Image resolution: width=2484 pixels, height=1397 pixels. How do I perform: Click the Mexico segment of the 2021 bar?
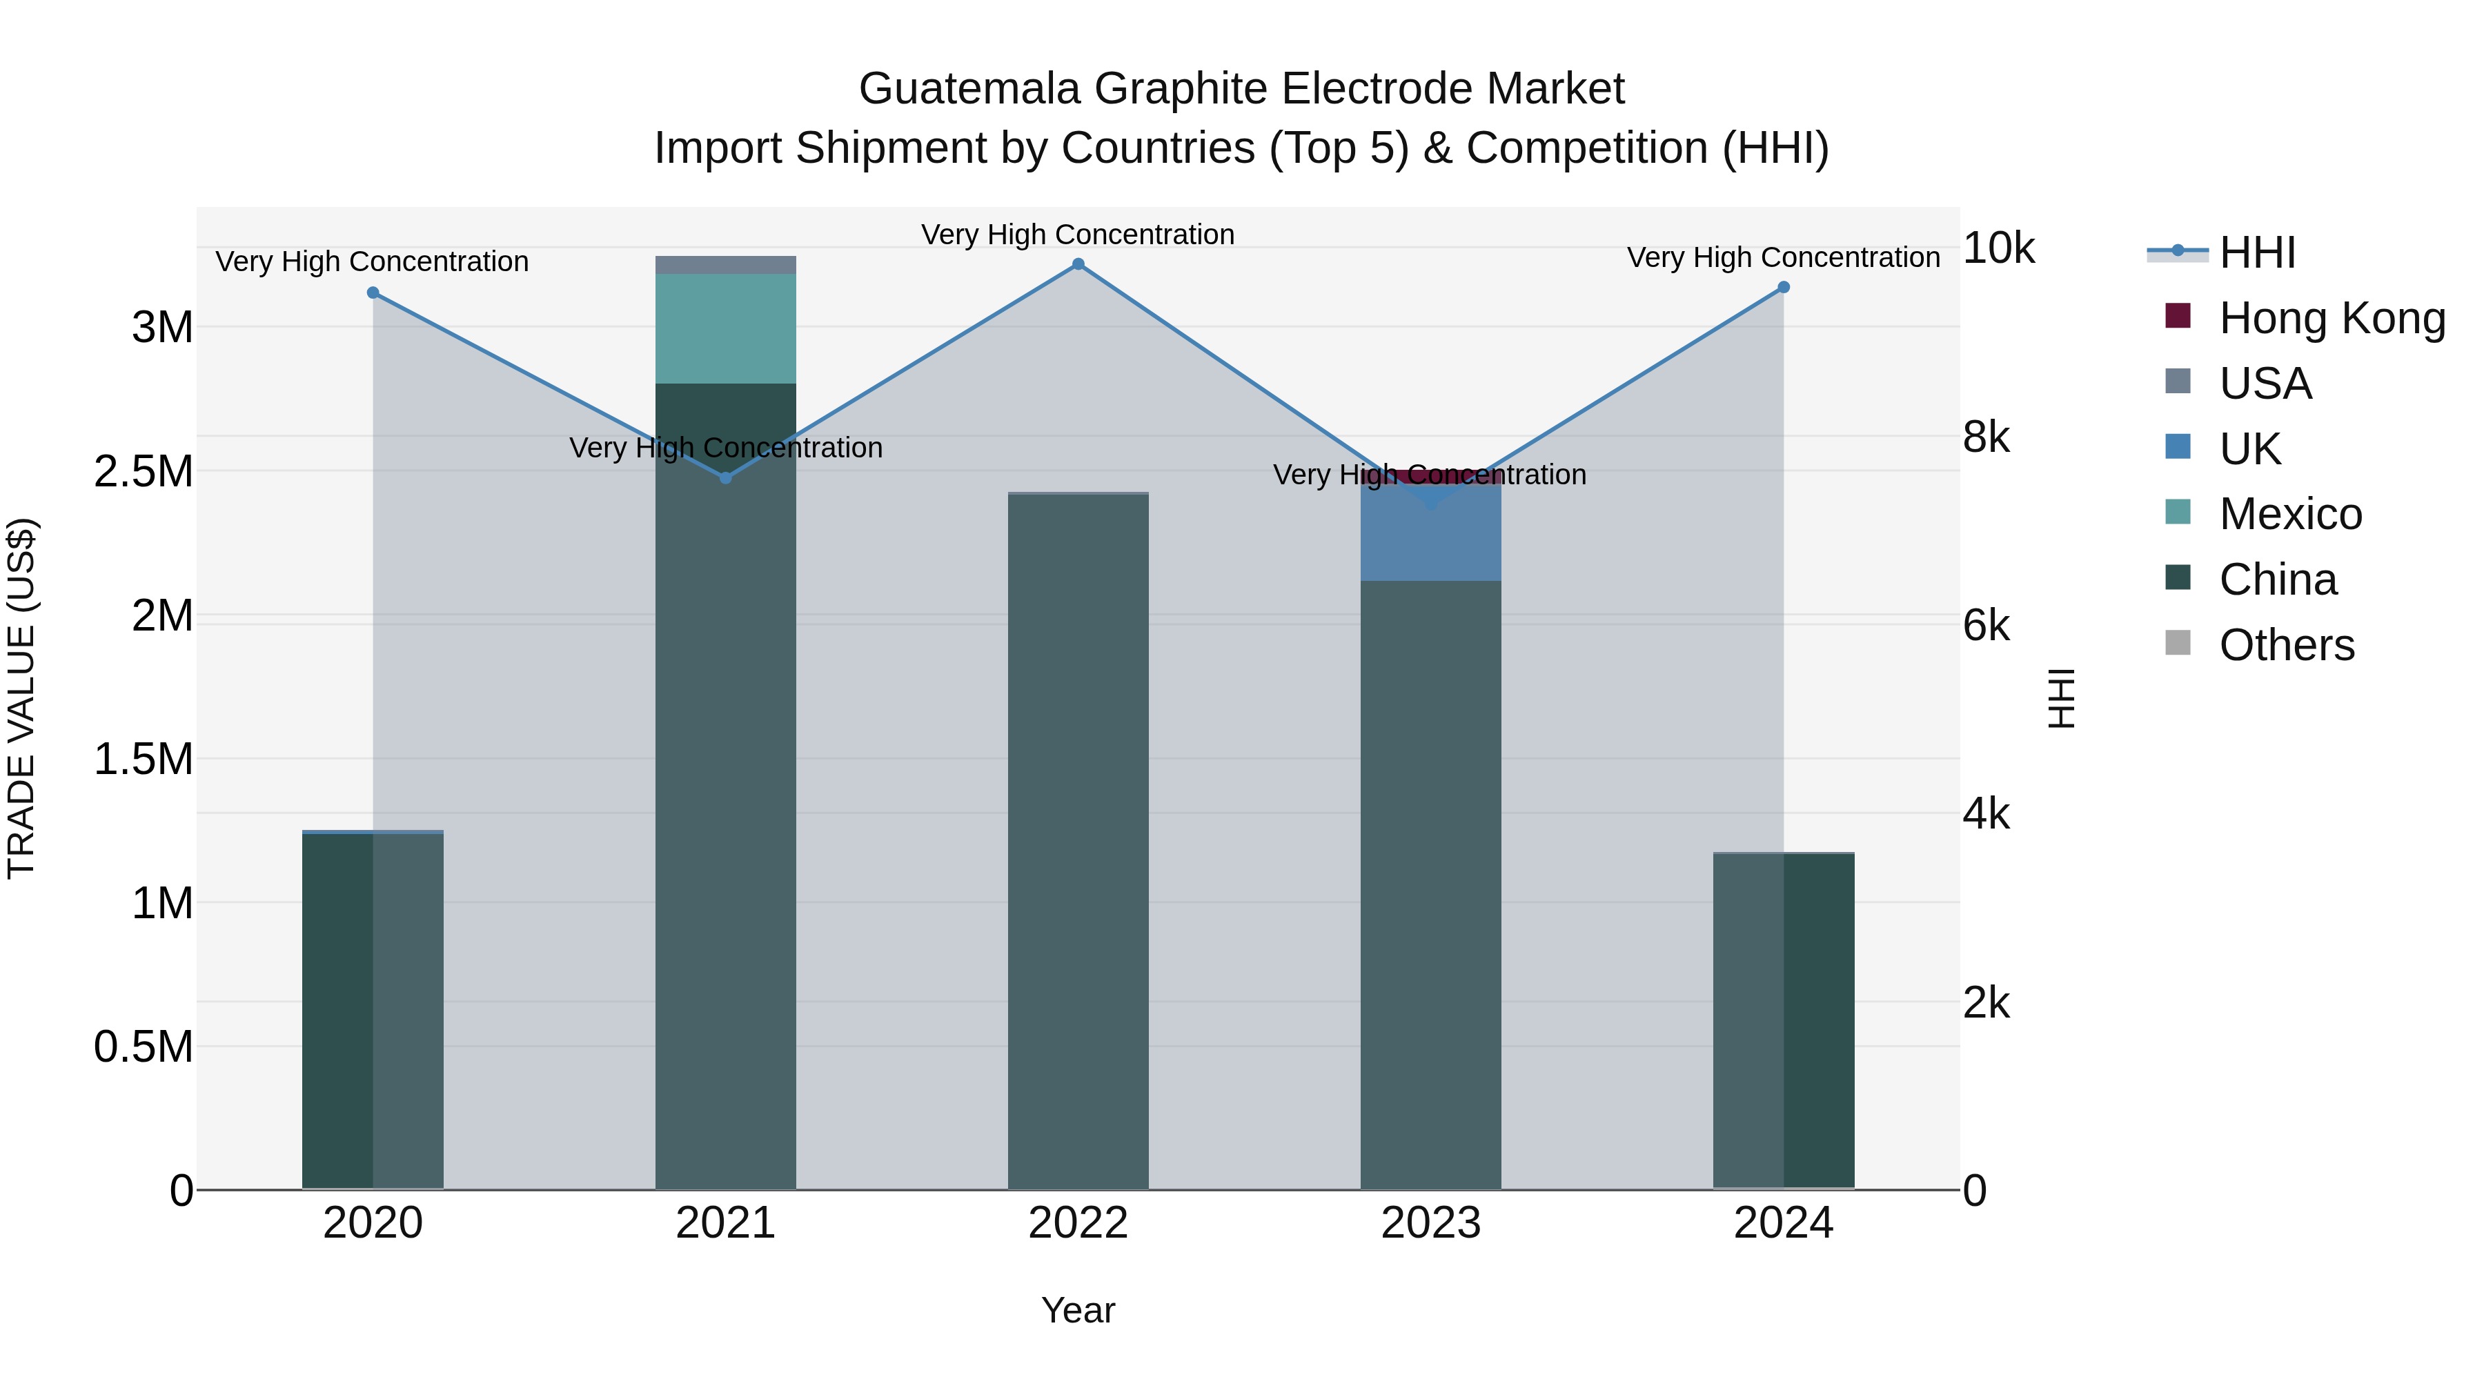725,328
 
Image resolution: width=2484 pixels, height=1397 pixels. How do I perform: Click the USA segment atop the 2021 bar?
725,264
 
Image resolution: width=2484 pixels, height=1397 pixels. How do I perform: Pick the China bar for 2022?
1078,839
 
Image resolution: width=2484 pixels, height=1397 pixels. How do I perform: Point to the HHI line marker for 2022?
1078,264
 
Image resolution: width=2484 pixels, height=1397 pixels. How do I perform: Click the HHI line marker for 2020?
373,292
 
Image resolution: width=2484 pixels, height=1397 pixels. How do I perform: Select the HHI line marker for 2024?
1783,287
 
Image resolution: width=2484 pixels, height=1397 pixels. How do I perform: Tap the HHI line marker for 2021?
726,477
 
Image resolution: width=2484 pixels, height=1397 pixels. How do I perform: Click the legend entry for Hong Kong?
2332,318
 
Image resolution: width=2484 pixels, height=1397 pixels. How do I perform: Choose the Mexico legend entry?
2290,514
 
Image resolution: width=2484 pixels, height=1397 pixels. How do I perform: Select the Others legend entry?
2287,645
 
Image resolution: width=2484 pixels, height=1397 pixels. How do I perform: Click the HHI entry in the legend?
2256,252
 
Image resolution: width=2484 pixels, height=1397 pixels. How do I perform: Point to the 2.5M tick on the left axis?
143,471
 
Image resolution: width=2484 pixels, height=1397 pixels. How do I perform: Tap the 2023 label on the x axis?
1430,1223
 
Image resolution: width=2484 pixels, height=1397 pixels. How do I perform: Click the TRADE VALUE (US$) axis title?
21,698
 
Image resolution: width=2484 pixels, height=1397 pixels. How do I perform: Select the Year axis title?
1078,1310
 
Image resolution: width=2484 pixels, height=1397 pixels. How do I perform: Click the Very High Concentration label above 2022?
1077,235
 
